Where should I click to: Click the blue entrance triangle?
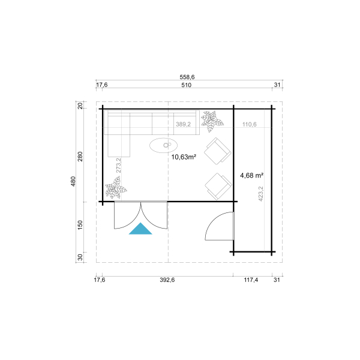coord(140,230)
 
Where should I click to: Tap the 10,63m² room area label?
coord(184,157)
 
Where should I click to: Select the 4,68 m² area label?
coord(251,175)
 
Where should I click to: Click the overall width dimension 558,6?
coord(187,77)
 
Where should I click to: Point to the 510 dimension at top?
coord(186,85)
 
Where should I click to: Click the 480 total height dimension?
coord(73,181)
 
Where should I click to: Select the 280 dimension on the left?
coord(80,157)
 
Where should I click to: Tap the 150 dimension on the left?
coord(80,225)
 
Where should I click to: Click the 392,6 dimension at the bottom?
coord(167,280)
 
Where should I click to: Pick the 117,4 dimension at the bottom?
coord(251,280)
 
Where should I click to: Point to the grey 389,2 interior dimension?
coord(183,124)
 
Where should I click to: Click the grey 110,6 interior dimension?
coord(250,124)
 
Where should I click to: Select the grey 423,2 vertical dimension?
coord(260,194)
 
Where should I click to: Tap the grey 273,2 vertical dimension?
coord(118,166)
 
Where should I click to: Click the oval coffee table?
coord(163,145)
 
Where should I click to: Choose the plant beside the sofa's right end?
coord(212,121)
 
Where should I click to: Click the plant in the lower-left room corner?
coord(116,188)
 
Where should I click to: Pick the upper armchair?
coord(217,151)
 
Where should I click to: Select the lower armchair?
coord(218,187)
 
